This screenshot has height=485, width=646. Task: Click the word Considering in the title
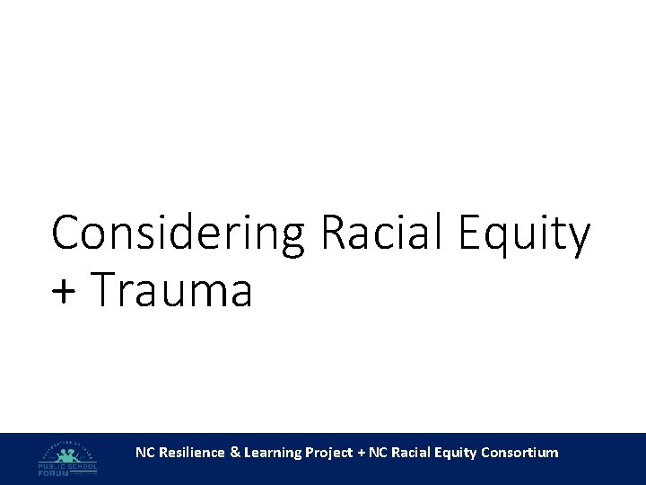click(179, 235)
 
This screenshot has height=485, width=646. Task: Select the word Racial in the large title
click(385, 234)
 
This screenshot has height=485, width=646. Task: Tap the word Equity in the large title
click(525, 235)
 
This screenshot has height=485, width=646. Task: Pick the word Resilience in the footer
click(191, 453)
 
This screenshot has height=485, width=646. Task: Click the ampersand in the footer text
click(235, 453)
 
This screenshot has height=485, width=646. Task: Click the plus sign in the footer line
click(362, 453)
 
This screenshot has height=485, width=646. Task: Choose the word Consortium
click(519, 453)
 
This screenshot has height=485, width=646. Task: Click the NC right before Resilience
click(144, 453)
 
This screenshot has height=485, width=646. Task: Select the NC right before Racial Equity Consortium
click(379, 453)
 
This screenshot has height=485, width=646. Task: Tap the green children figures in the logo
click(67, 454)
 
